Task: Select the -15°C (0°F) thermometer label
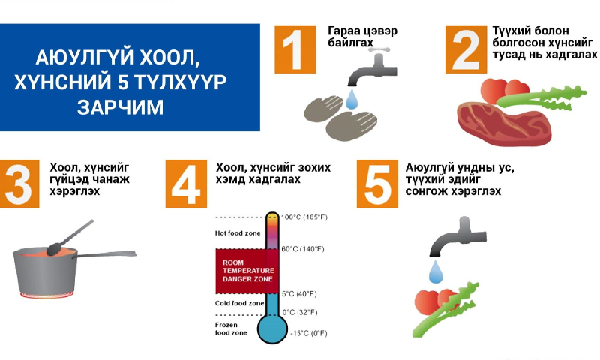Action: pos(308,333)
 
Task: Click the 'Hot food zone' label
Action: pos(238,233)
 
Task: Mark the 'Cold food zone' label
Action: pos(239,302)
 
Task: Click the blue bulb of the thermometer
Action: pos(271,328)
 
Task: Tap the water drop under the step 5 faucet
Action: pos(435,270)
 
